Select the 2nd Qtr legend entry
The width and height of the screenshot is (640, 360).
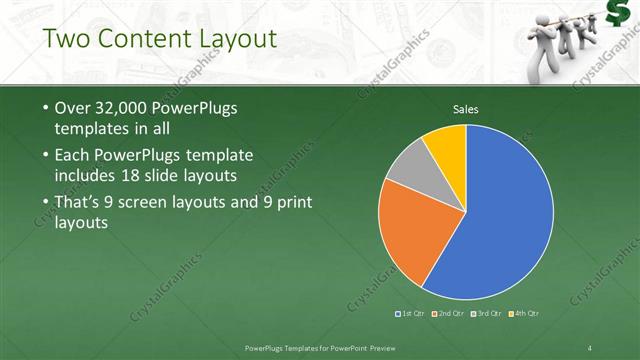[x=450, y=314]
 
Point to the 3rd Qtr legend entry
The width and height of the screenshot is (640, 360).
[x=487, y=314]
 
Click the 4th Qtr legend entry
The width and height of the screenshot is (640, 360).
[x=523, y=314]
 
